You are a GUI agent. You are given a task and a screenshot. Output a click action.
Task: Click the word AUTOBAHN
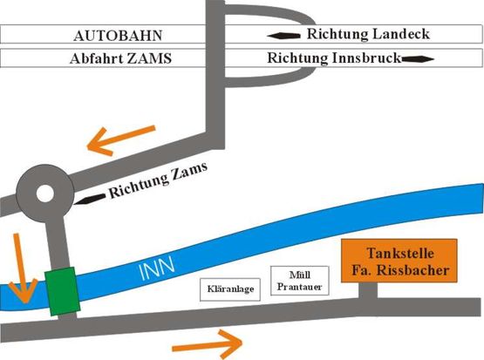[x=118, y=36]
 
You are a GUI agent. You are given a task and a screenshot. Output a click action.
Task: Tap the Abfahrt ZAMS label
[x=120, y=58]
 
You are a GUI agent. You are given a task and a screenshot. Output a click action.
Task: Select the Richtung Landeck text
[x=368, y=34]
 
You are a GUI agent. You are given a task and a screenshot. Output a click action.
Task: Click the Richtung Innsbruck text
[x=334, y=58]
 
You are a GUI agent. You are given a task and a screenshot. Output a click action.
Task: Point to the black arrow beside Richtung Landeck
[x=283, y=36]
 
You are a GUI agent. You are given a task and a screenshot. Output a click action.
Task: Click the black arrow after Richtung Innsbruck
[x=418, y=59]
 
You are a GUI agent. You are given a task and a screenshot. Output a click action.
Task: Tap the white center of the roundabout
[x=45, y=194]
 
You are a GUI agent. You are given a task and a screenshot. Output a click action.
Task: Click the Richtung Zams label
[x=158, y=180]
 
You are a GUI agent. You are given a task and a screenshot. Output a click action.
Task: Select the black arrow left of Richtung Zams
[x=90, y=200]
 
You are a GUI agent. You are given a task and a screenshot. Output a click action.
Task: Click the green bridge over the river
[x=62, y=291]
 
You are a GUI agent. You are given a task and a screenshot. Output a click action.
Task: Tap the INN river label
[x=157, y=269]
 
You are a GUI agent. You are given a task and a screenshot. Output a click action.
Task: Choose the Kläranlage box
[x=230, y=289]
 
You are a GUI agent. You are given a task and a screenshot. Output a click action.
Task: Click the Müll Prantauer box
[x=300, y=281]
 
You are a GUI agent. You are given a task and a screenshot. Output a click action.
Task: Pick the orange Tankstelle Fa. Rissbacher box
[x=399, y=261]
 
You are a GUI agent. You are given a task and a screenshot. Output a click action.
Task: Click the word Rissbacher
[x=413, y=270]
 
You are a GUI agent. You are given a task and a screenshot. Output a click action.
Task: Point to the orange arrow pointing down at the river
[x=22, y=268]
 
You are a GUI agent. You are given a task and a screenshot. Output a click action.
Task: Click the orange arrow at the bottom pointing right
[x=208, y=344]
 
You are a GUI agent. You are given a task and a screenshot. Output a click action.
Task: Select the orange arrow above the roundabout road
[x=121, y=140]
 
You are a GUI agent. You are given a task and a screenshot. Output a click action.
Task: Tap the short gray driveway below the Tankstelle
[x=368, y=291]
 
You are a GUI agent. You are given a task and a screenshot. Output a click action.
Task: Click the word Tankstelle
[x=400, y=254]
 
